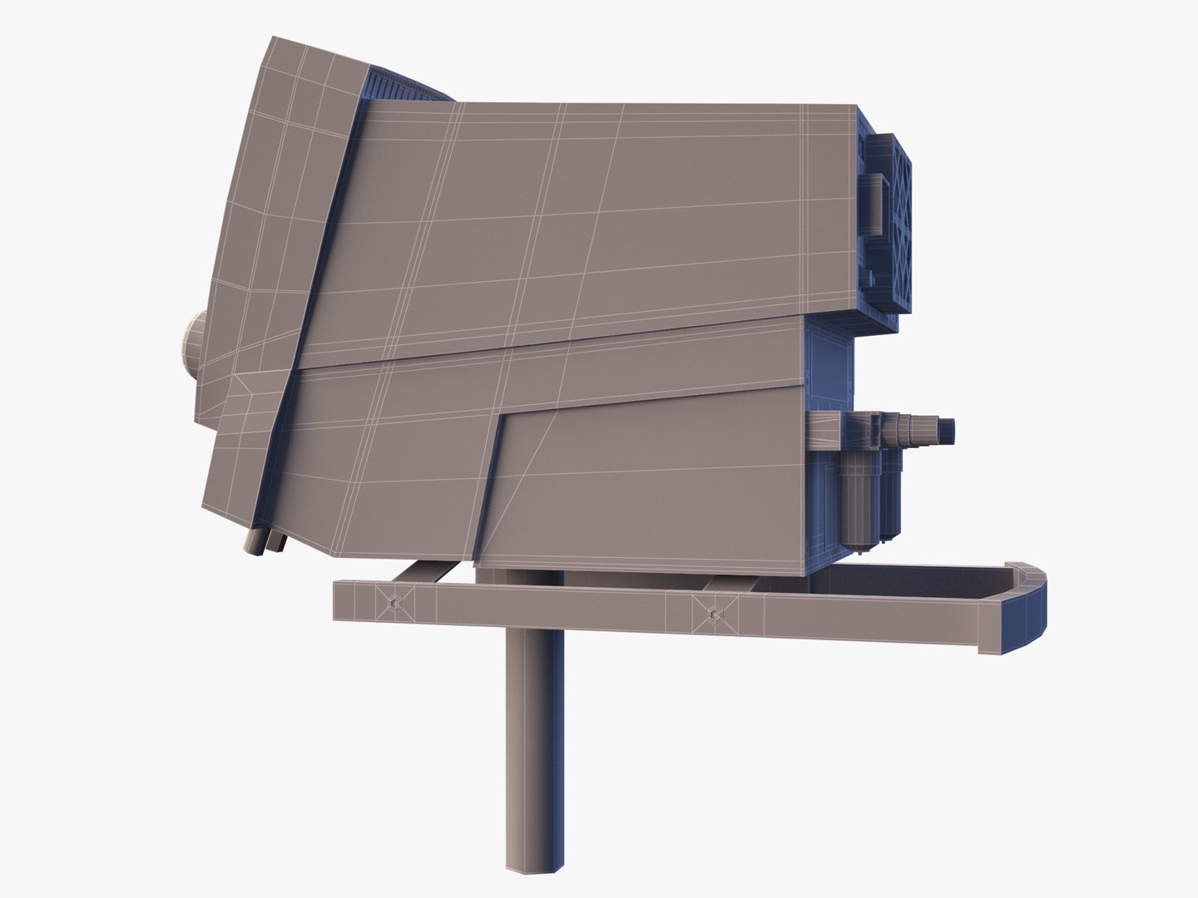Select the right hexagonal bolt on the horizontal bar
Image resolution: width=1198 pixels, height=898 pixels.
[712, 612]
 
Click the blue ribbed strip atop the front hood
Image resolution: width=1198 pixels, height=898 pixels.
[408, 83]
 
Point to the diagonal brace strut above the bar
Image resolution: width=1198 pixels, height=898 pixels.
[424, 572]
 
